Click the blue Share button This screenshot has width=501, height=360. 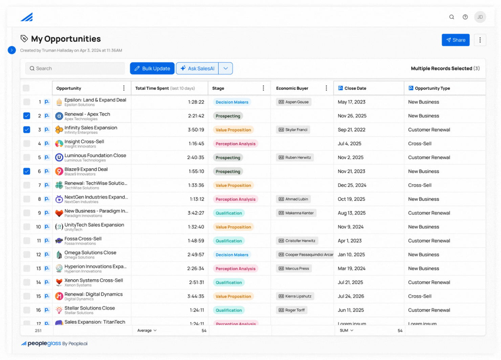pyautogui.click(x=455, y=40)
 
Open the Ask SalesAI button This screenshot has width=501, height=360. pyautogui.click(x=197, y=68)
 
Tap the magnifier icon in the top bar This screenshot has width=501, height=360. pyautogui.click(x=452, y=17)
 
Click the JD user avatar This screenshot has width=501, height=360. pyautogui.click(x=480, y=17)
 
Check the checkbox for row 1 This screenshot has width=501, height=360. pyautogui.click(x=27, y=102)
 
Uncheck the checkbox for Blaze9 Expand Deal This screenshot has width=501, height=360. pyautogui.click(x=27, y=171)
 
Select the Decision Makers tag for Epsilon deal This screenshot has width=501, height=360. pyautogui.click(x=232, y=102)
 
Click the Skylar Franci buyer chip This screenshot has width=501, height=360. pyautogui.click(x=293, y=130)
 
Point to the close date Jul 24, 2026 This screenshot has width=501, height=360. pyautogui.click(x=351, y=296)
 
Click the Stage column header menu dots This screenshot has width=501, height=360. pyautogui.click(x=263, y=88)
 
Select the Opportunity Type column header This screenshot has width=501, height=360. pyautogui.click(x=432, y=88)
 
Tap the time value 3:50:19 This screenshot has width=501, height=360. pyautogui.click(x=196, y=130)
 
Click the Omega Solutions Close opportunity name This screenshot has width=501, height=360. pyautogui.click(x=90, y=252)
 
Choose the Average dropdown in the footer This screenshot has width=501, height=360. pyautogui.click(x=147, y=330)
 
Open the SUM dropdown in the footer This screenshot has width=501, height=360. pyautogui.click(x=347, y=330)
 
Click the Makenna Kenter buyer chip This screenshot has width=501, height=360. pyautogui.click(x=296, y=213)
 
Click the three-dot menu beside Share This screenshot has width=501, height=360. pyautogui.click(x=480, y=40)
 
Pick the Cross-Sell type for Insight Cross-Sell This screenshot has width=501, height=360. pyautogui.click(x=420, y=143)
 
